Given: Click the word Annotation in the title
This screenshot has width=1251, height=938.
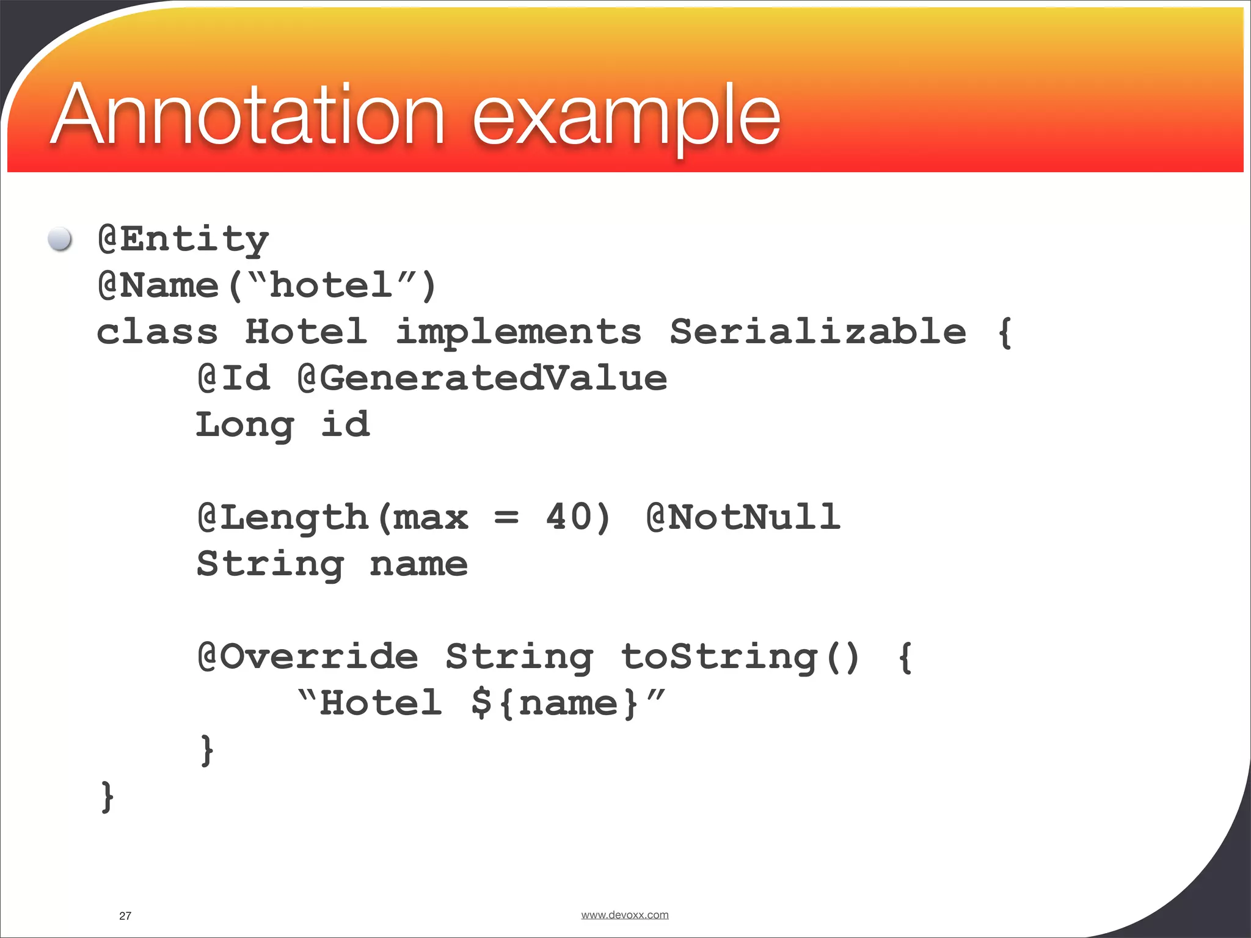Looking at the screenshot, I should [x=249, y=115].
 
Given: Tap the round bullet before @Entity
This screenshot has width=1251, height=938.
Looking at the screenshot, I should [x=60, y=239].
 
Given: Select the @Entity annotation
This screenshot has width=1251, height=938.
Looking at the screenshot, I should [x=183, y=239].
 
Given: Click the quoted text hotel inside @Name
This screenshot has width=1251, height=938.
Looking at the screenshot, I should [x=330, y=285].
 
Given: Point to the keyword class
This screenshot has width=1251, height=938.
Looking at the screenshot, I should [x=157, y=332].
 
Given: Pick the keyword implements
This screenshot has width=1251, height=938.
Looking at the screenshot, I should [x=518, y=332].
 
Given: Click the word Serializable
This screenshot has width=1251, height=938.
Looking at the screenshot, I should [x=817, y=332].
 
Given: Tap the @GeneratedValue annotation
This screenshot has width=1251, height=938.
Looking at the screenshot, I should [x=482, y=379].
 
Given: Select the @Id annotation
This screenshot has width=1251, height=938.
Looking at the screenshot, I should [x=233, y=379].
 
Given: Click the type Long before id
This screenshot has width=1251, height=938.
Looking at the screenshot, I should [x=245, y=425].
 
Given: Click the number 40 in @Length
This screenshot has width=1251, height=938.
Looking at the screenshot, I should [x=569, y=517].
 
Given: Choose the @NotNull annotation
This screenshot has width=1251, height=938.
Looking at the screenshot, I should [x=743, y=517].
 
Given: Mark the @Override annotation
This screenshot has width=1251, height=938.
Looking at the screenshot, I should [x=308, y=657].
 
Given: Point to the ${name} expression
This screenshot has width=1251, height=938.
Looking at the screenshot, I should [x=555, y=703].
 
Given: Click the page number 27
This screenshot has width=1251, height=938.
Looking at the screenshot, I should [x=125, y=915].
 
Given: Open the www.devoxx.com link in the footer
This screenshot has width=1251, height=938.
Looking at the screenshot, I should [x=624, y=915].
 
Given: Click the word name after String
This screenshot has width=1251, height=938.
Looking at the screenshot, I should [x=418, y=564].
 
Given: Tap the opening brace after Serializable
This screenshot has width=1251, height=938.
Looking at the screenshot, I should [x=1004, y=332].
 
